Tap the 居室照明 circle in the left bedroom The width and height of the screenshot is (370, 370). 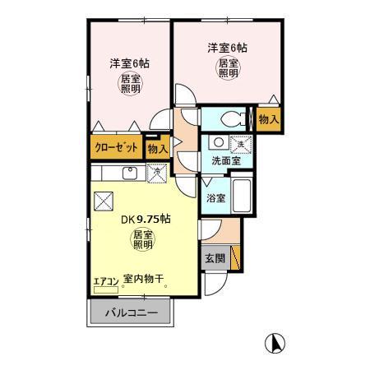pyautogui.click(x=131, y=85)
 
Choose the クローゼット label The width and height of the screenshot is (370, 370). pyautogui.click(x=114, y=148)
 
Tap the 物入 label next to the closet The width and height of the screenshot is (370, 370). pyautogui.click(x=156, y=149)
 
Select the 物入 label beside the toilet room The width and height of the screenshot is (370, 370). pyautogui.click(x=268, y=119)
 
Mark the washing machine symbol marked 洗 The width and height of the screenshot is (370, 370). pyautogui.click(x=240, y=142)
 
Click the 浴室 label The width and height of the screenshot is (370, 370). pyautogui.click(x=215, y=198)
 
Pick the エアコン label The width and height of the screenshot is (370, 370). pyautogui.click(x=105, y=280)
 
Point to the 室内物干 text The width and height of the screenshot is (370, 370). pyautogui.click(x=142, y=280)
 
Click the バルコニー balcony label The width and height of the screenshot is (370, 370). pyautogui.click(x=129, y=313)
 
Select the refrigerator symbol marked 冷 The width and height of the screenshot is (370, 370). pyautogui.click(x=155, y=172)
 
